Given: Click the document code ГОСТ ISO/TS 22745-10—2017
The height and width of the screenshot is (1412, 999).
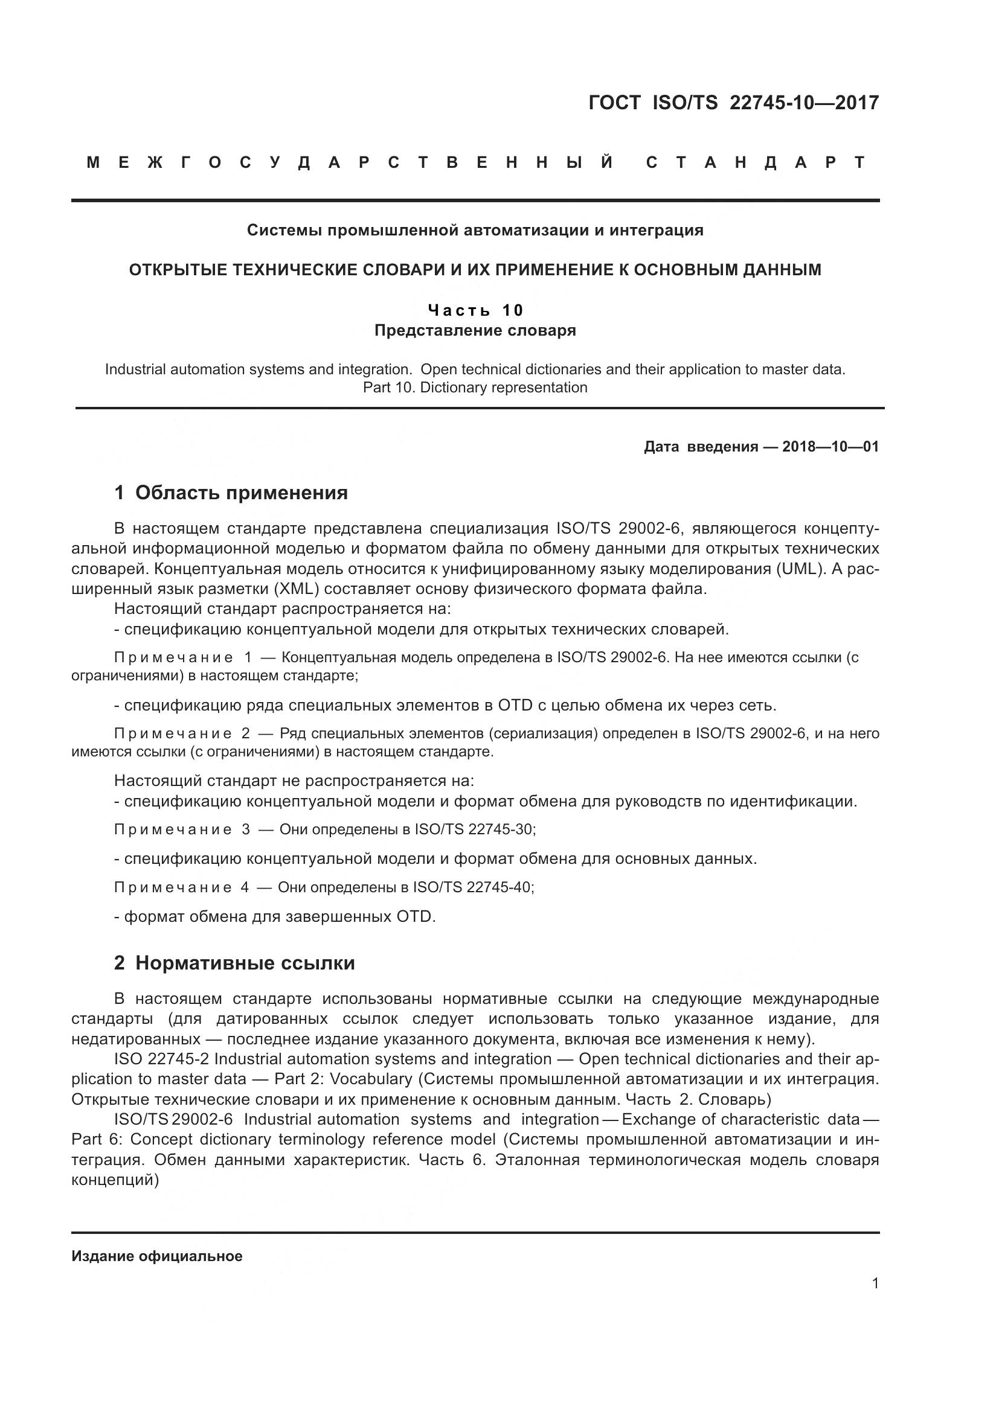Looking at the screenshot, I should pyautogui.click(x=733, y=103).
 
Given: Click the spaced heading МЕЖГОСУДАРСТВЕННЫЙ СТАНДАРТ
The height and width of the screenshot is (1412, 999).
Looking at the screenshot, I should pyautogui.click(x=476, y=163).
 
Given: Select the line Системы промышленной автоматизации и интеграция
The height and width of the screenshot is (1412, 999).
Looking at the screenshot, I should pyautogui.click(x=475, y=230).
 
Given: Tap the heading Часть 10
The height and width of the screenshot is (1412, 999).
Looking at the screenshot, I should pyautogui.click(x=475, y=310).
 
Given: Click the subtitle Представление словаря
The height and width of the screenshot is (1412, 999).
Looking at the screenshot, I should pyautogui.click(x=475, y=331).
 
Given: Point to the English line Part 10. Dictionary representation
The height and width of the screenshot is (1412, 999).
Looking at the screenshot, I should pyautogui.click(x=475, y=388).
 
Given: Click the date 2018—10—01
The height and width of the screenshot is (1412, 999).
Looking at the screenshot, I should pyautogui.click(x=830, y=447).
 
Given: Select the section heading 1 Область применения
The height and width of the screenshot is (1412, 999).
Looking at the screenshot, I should pyautogui.click(x=231, y=493).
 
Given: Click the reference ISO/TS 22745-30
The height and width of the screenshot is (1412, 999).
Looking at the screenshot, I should pyautogui.click(x=474, y=829).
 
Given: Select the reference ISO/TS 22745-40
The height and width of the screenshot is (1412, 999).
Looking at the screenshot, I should pyautogui.click(x=472, y=887).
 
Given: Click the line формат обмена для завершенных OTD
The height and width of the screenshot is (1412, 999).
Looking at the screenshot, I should pyautogui.click(x=275, y=917).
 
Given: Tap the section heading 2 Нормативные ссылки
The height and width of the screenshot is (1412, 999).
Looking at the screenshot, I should pyautogui.click(x=234, y=963).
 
